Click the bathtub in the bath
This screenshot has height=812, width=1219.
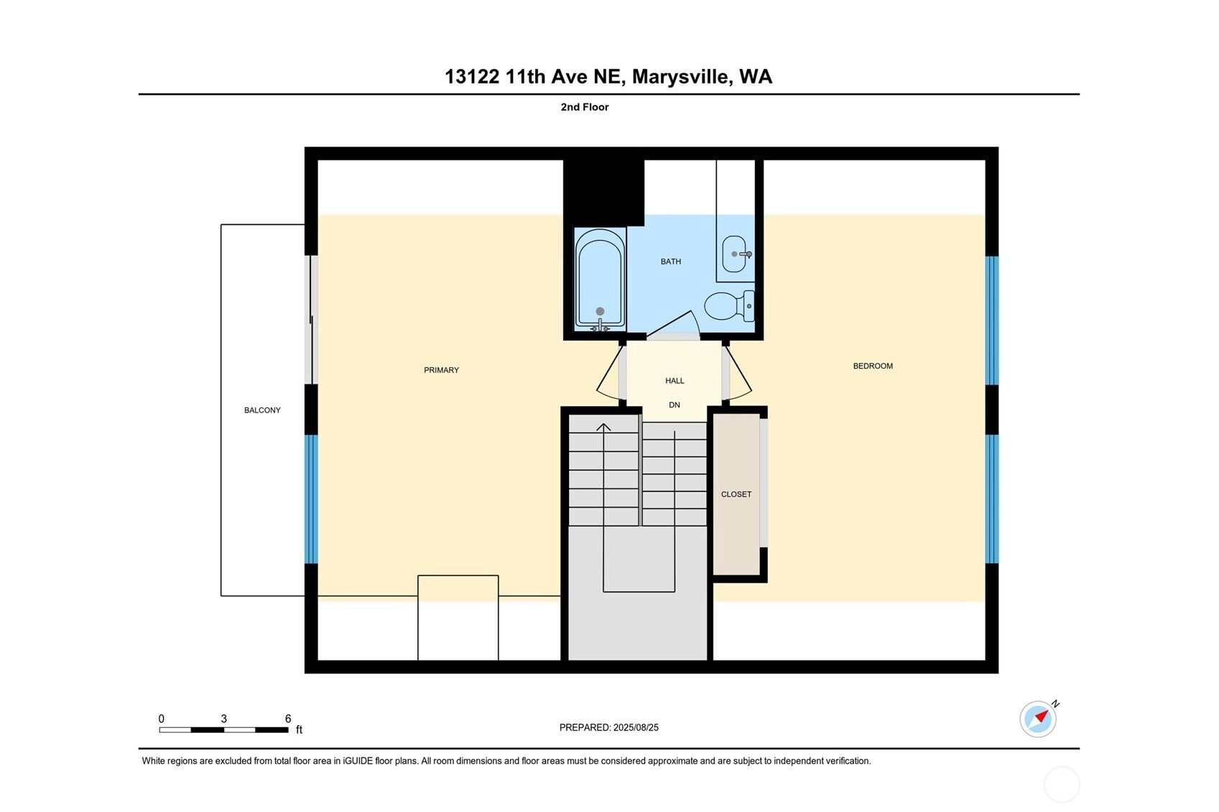[600, 280]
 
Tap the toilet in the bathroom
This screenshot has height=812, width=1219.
[729, 306]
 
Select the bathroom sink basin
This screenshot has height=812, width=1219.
[734, 254]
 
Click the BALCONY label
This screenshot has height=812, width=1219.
[262, 410]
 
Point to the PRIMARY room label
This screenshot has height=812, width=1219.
[441, 370]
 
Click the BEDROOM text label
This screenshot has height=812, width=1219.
[873, 366]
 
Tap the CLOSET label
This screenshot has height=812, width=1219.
[736, 494]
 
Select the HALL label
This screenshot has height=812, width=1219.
[675, 381]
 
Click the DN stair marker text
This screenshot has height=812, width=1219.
[675, 405]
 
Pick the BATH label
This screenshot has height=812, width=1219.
[671, 262]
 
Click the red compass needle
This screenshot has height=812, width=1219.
[1042, 716]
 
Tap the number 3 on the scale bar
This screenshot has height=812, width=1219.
[223, 719]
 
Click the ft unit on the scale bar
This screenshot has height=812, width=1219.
[299, 730]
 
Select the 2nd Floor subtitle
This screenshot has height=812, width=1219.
[585, 107]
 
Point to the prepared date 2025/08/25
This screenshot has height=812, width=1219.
[636, 728]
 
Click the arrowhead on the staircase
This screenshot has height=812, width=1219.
[603, 427]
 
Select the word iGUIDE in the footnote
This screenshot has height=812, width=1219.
[358, 761]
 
